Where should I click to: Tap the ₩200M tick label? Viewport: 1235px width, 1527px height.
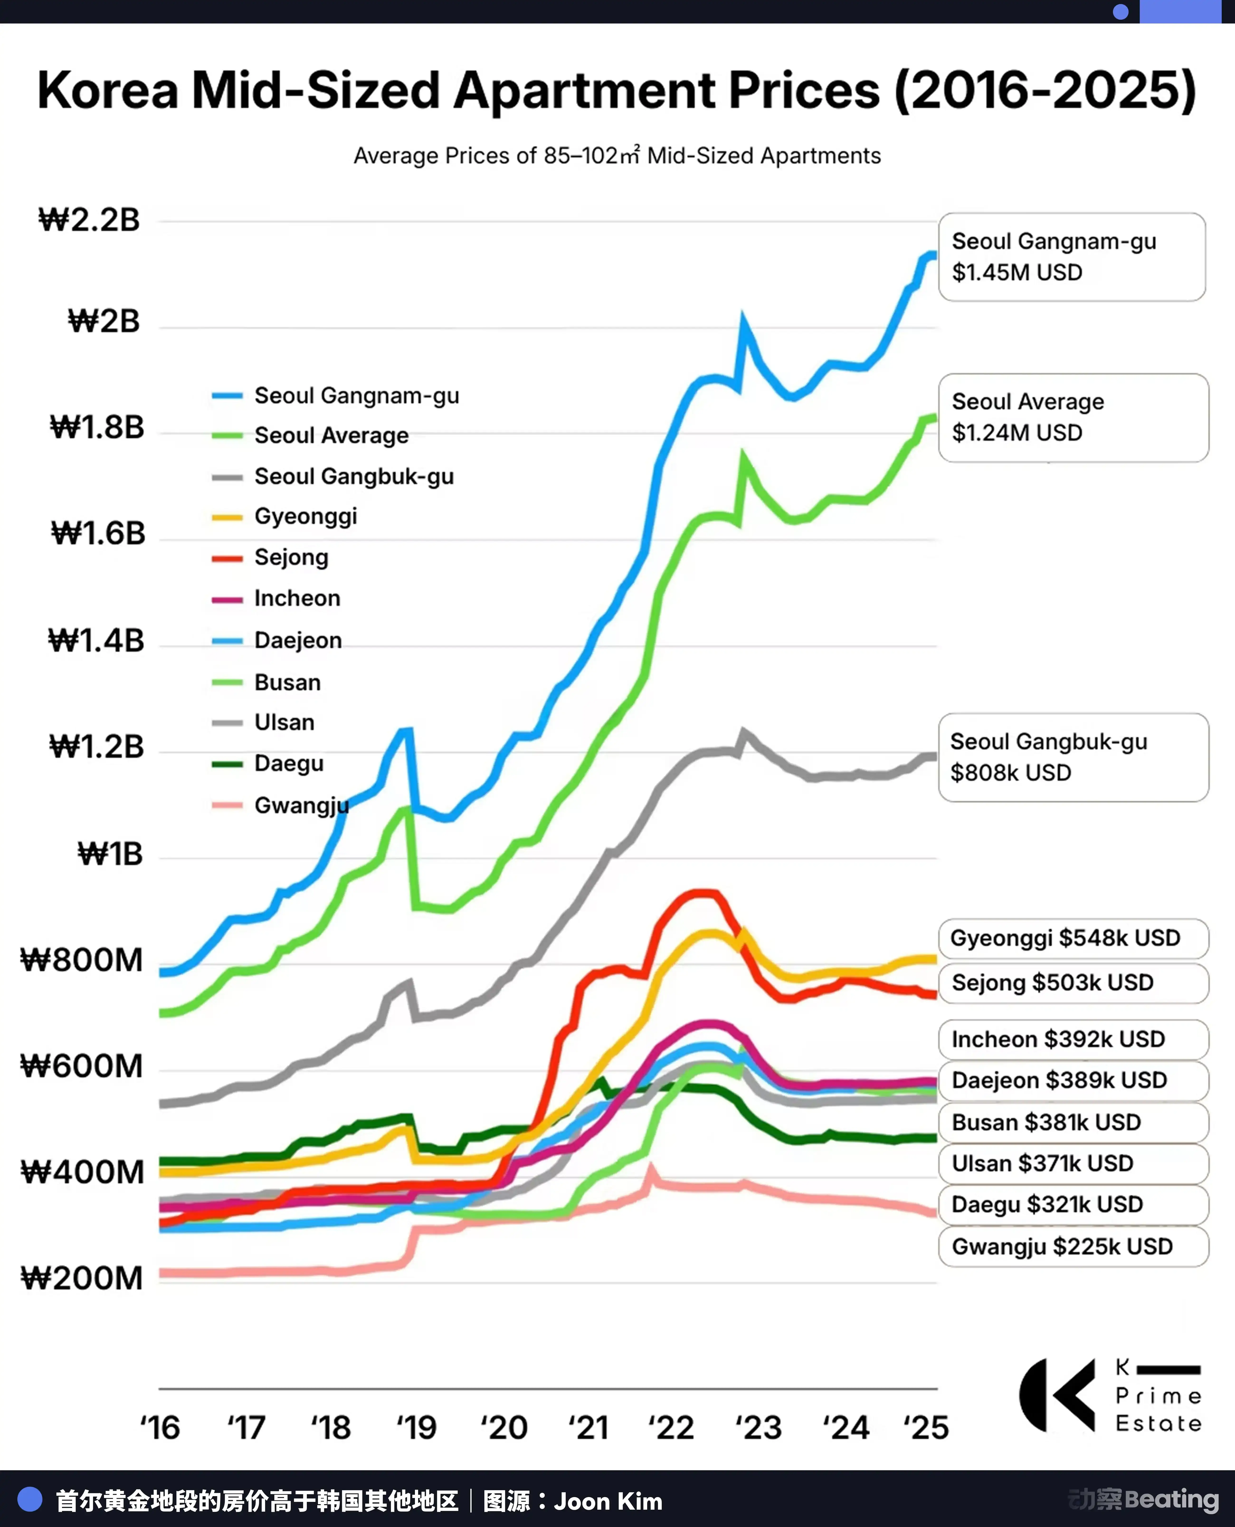click(82, 1278)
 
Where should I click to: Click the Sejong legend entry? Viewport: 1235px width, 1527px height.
click(270, 558)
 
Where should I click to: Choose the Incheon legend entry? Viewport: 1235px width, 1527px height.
click(276, 598)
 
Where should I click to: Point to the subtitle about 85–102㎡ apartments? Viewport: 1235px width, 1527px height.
click(617, 155)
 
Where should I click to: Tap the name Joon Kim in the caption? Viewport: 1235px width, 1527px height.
click(608, 1501)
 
